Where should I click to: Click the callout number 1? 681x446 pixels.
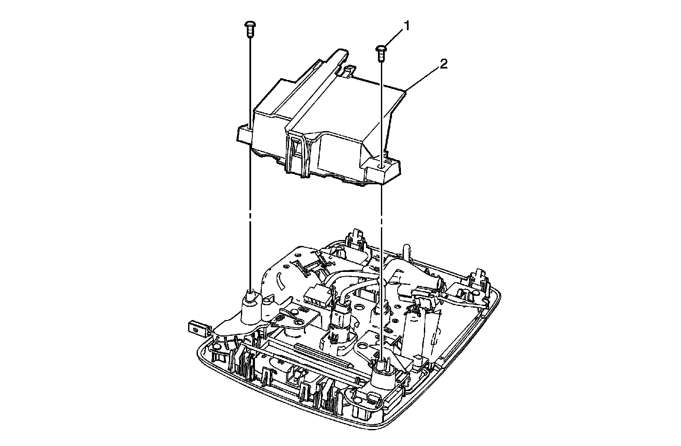407,26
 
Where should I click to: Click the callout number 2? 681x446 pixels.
443,64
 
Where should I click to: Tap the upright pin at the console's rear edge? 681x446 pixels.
406,251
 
